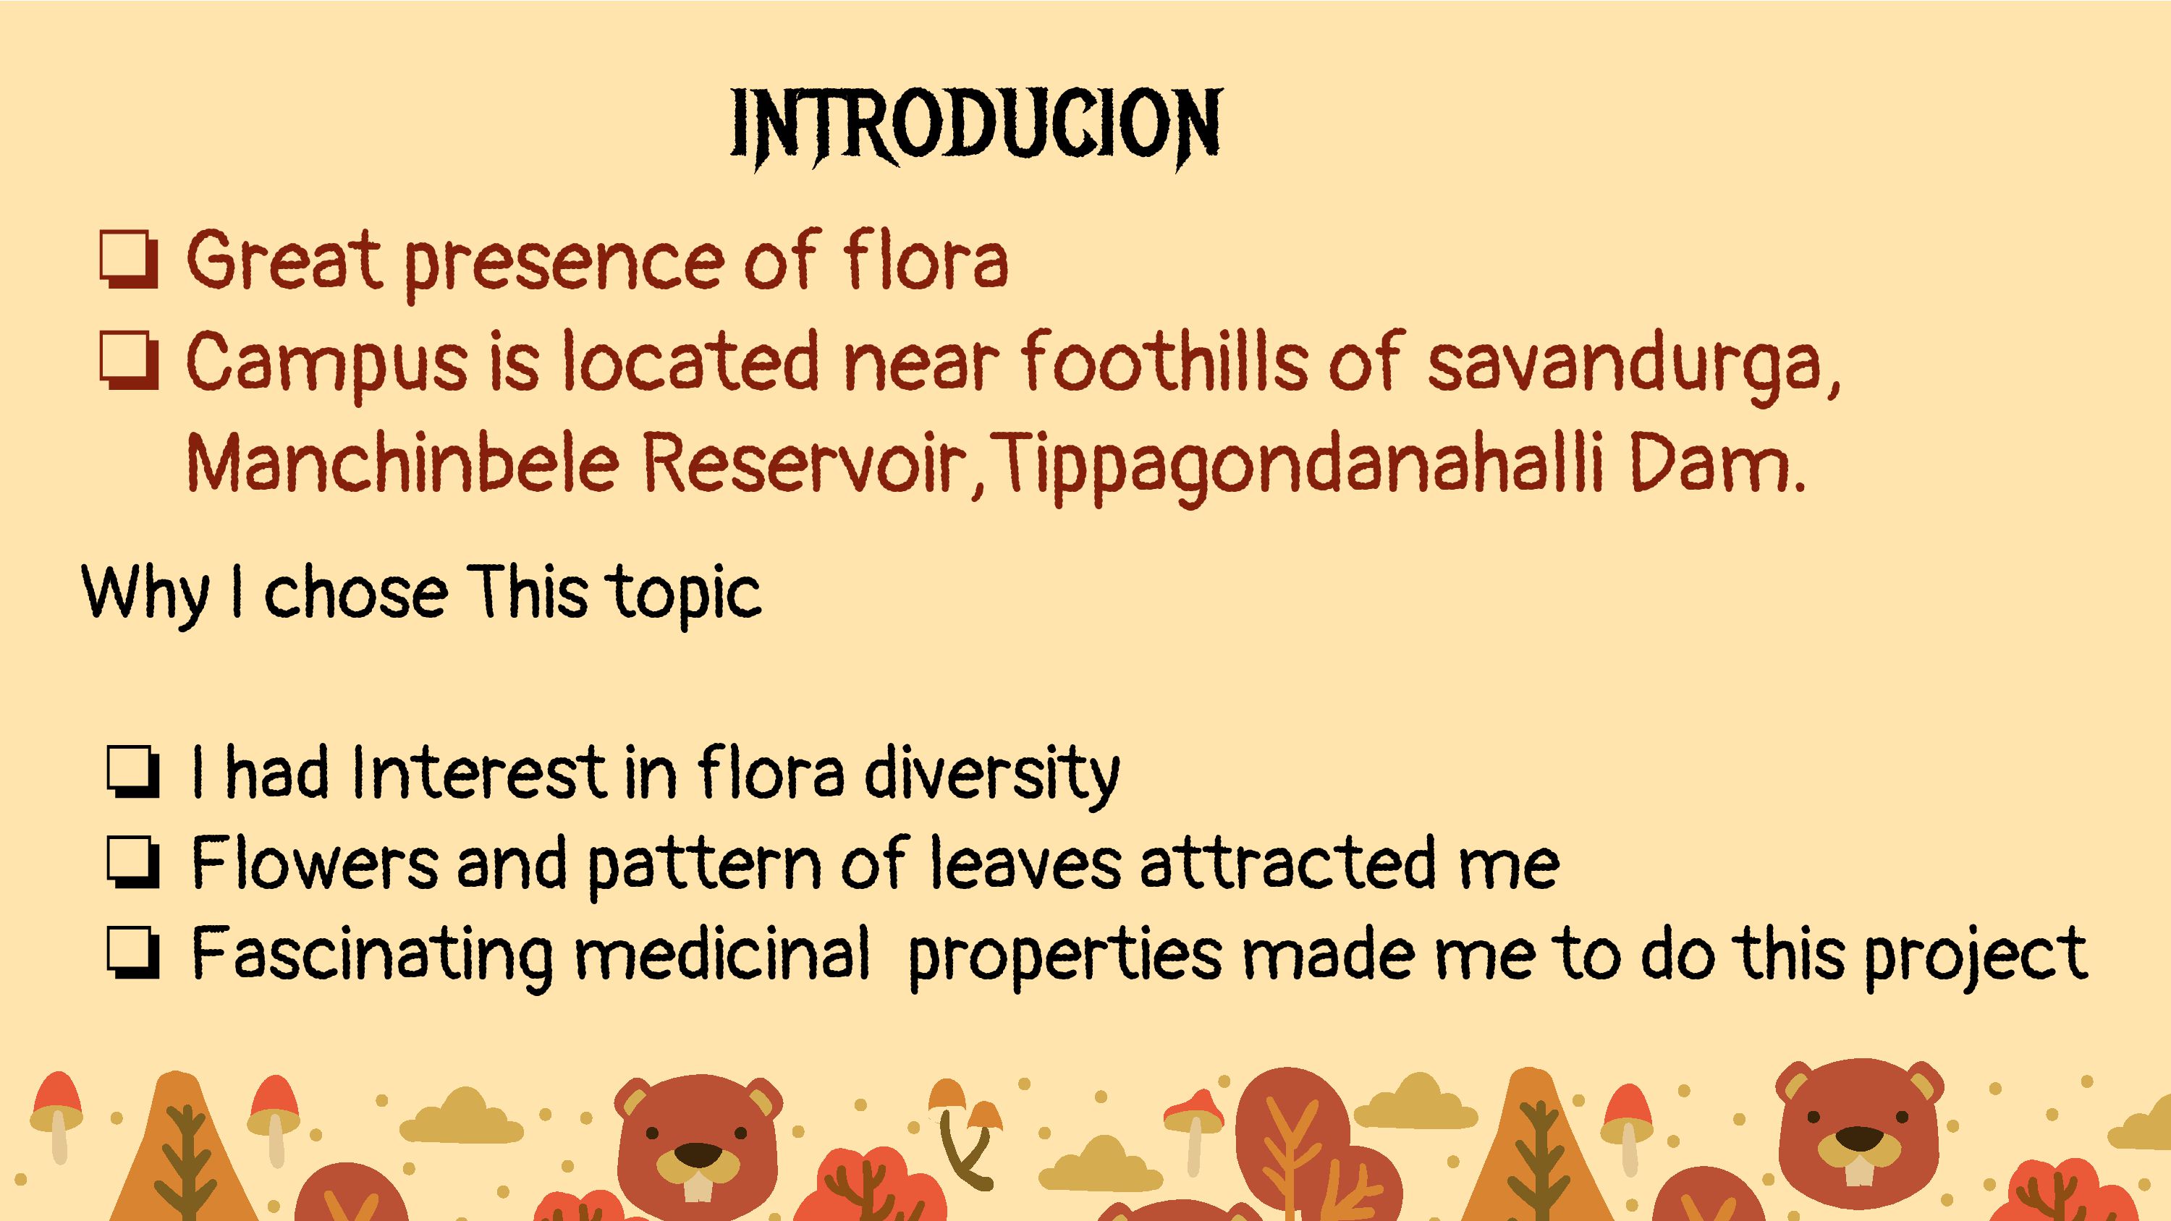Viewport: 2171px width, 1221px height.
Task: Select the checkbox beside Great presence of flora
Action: [128, 260]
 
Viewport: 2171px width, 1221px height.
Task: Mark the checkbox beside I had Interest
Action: [133, 771]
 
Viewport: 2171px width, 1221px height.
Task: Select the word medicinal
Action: [721, 955]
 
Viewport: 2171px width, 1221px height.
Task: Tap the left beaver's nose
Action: [698, 1154]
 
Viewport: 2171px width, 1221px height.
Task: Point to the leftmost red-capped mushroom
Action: [56, 1117]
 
